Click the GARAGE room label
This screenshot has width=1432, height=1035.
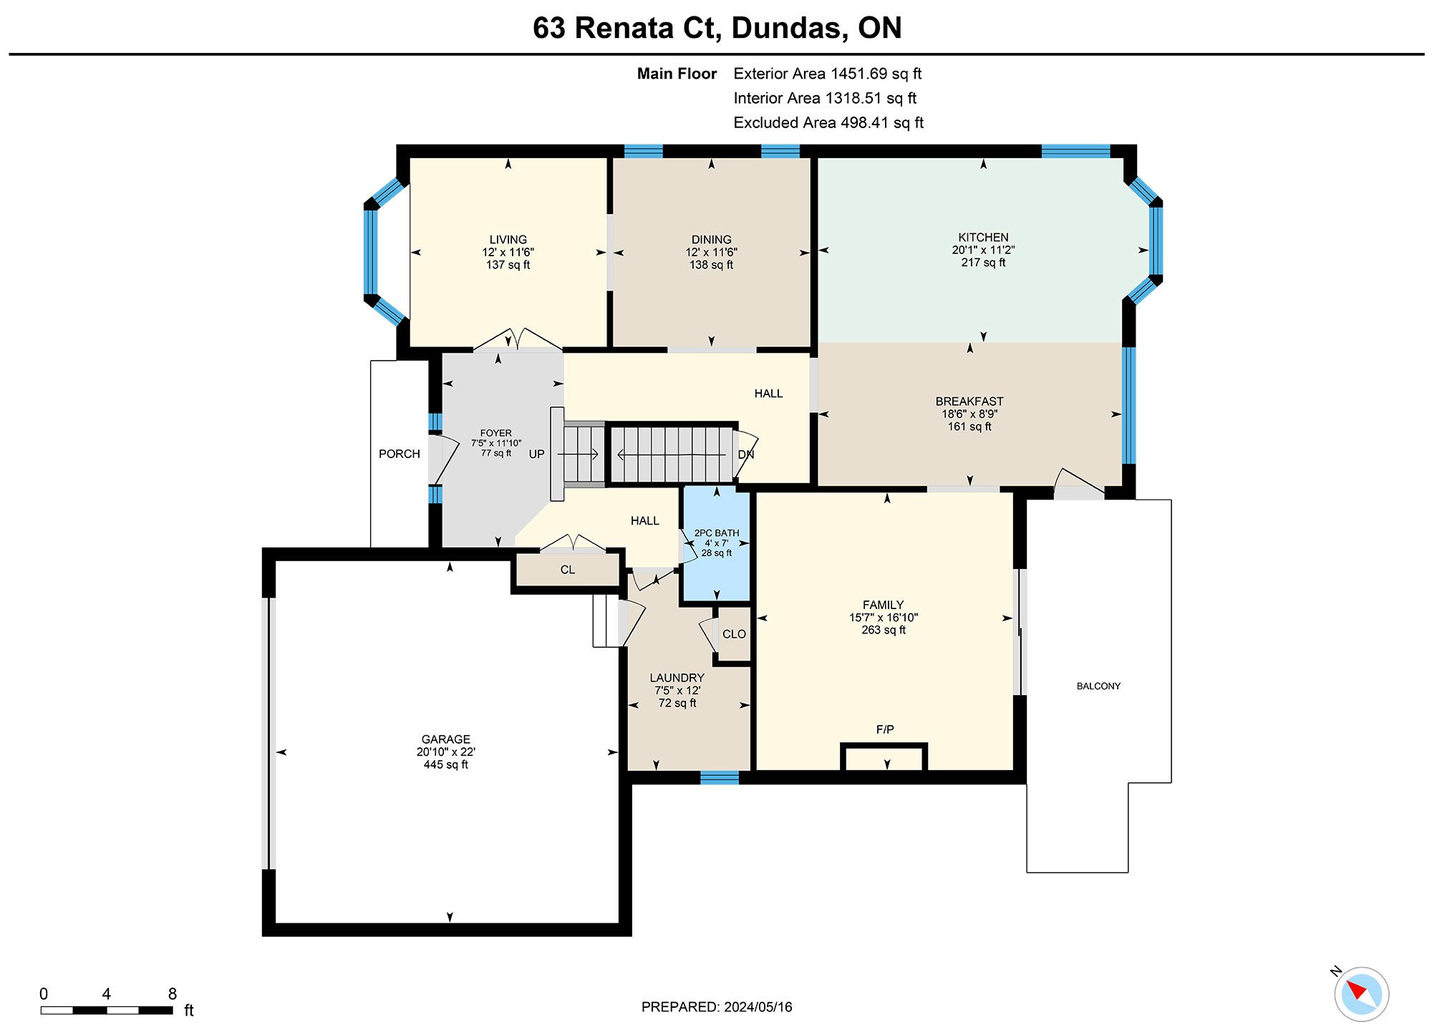445,739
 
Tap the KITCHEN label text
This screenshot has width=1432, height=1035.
983,238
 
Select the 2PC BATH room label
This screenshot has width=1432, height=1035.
717,533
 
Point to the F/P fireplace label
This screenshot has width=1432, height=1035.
885,729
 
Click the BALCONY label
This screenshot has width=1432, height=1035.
1098,686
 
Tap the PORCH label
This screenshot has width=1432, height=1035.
400,454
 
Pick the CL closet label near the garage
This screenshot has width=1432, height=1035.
568,570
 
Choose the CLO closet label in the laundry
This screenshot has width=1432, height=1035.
734,634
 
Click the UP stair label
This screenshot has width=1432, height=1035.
537,454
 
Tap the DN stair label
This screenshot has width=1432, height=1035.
746,455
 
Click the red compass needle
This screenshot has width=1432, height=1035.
1355,991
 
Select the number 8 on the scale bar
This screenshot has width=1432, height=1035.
173,993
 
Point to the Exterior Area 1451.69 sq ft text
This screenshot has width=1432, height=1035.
828,74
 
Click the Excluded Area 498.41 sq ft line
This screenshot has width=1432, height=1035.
828,122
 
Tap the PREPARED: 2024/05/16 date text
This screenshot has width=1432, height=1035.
717,1007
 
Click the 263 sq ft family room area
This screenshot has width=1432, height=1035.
884,631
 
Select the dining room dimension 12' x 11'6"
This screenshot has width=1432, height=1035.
711,253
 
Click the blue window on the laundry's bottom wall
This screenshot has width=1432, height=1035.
720,778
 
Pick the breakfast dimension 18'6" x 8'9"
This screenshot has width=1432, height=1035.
969,414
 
